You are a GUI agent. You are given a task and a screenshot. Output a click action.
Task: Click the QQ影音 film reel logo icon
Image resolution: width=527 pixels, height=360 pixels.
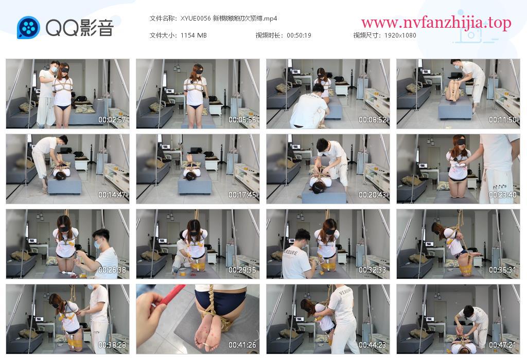pos(29,28)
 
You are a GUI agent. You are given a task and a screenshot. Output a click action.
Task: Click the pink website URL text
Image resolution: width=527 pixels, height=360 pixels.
pos(436,23)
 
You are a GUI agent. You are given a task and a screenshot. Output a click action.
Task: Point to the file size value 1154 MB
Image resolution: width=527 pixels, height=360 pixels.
pos(194,35)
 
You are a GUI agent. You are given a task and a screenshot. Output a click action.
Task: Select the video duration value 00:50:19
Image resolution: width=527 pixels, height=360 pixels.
pos(299,35)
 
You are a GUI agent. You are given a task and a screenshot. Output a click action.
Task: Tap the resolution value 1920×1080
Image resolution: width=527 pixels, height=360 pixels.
pos(400,35)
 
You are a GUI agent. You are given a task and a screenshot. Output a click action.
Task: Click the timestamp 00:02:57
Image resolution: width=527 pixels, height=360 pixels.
pos(112,119)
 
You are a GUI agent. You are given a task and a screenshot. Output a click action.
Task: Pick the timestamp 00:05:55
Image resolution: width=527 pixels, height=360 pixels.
pos(242,119)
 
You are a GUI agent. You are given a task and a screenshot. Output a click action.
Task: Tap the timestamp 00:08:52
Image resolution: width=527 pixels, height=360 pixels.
pos(373,119)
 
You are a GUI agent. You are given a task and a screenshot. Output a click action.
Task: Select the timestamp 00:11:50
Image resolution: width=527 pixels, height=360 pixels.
pos(503,119)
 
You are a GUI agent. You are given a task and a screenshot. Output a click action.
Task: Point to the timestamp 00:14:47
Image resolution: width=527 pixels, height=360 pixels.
pos(112,195)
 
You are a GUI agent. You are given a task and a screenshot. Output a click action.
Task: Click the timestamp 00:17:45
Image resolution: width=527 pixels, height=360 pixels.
pos(242,195)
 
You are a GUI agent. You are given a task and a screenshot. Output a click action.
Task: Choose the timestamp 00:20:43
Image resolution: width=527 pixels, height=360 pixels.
pos(373,195)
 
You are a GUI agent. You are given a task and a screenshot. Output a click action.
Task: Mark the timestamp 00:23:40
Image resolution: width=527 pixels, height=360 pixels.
pos(503,195)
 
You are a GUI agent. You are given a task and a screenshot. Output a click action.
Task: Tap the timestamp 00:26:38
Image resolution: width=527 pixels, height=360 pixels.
pos(112,270)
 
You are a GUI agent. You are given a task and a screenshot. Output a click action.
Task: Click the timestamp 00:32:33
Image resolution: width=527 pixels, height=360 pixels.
pos(373,270)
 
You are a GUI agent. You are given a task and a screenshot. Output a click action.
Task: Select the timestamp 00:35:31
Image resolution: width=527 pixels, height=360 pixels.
pos(503,270)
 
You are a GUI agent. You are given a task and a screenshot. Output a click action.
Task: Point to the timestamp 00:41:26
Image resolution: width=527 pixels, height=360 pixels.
pos(242,345)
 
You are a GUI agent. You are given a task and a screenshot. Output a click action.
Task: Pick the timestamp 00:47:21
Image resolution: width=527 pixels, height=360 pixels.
pos(503,345)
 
